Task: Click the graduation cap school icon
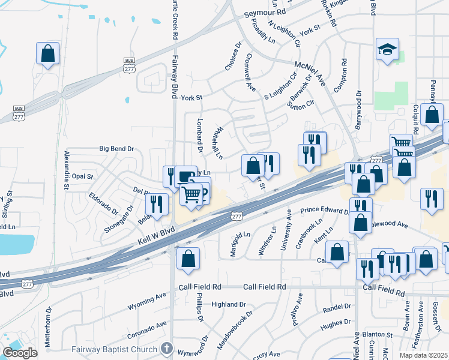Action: point(388,50)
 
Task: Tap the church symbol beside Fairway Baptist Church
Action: point(167,349)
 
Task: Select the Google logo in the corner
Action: point(20,353)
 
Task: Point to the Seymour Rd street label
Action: point(265,13)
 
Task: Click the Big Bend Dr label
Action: point(116,148)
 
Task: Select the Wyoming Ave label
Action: point(146,301)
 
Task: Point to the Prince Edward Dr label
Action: point(324,211)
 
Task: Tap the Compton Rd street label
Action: point(344,74)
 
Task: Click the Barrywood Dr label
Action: point(358,110)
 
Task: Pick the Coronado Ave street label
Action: point(146,329)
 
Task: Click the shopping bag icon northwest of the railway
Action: point(47,53)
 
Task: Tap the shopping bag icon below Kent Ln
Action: point(337,253)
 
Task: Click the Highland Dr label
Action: point(220,305)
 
